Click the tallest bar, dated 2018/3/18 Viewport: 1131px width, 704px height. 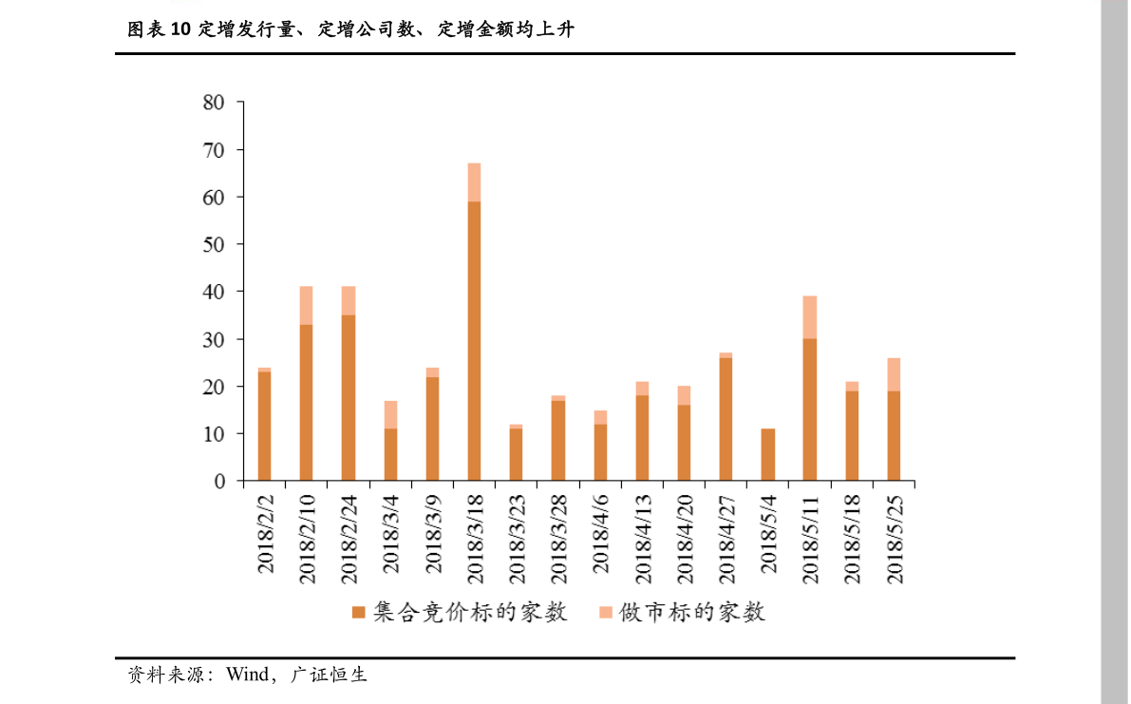click(474, 323)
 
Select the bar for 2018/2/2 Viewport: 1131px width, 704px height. click(264, 425)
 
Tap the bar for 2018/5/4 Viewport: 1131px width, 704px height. click(767, 455)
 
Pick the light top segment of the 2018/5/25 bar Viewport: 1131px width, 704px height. click(894, 374)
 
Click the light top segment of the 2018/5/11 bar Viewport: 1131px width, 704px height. click(809, 317)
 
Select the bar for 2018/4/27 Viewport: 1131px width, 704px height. click(726, 418)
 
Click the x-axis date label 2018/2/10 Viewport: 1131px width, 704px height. click(307, 538)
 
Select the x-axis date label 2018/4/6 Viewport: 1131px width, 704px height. click(600, 533)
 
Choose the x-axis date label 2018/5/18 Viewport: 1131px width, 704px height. click(852, 538)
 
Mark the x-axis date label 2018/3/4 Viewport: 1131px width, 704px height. click(390, 533)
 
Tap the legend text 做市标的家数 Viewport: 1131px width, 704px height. click(692, 613)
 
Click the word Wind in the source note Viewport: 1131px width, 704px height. click(247, 675)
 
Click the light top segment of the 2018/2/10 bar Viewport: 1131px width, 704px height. click(306, 305)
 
